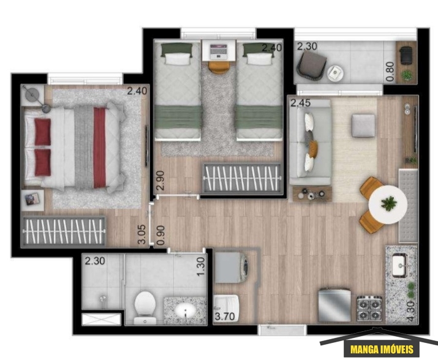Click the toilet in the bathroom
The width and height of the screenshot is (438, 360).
(145, 307)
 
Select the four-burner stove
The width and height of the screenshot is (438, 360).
(369, 309)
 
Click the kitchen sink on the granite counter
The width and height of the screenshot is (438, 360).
(400, 265)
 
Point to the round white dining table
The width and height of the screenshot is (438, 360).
(388, 204)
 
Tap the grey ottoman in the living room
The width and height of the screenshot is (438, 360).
(363, 126)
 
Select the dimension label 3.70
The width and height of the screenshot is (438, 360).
(225, 317)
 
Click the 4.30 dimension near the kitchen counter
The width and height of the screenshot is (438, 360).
(411, 311)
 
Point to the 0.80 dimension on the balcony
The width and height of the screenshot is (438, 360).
(390, 72)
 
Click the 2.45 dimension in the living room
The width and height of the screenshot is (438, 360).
(301, 103)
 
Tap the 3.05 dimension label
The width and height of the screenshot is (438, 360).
(142, 234)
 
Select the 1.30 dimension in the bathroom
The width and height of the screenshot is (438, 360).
(201, 267)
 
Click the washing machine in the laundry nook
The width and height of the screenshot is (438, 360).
(232, 268)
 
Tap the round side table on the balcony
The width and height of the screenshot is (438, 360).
(335, 73)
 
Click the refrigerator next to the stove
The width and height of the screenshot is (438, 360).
(334, 306)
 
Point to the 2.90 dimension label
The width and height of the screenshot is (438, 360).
(160, 181)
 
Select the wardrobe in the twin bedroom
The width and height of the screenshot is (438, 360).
(241, 178)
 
